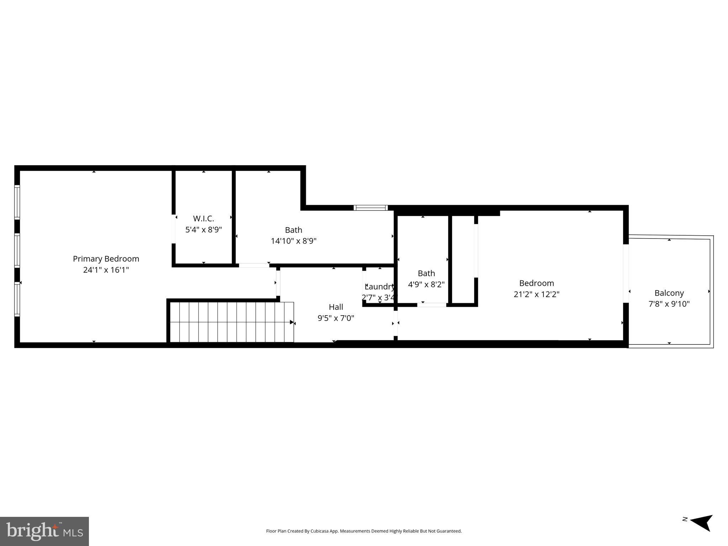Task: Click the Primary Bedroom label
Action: pos(106,259)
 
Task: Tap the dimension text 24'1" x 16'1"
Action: pos(106,270)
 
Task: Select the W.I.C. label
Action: pos(203,219)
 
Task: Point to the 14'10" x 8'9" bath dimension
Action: pos(293,241)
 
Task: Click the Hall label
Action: pos(336,307)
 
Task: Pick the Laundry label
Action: pos(379,287)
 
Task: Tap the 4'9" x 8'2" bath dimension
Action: pos(426,284)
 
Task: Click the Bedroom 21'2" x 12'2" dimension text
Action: pos(536,294)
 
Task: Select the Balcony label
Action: pos(669,293)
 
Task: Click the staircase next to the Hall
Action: pos(231,322)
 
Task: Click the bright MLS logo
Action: pos(44,531)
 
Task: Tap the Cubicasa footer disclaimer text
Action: pos(363,531)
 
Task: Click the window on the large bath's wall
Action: pos(371,208)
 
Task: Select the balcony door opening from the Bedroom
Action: pos(626,273)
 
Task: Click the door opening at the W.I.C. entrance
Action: pos(174,229)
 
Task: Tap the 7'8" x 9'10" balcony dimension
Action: pos(669,304)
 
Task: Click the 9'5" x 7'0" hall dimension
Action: pos(336,318)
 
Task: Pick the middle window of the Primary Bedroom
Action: pos(17,251)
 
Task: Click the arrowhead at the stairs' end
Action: pos(292,322)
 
